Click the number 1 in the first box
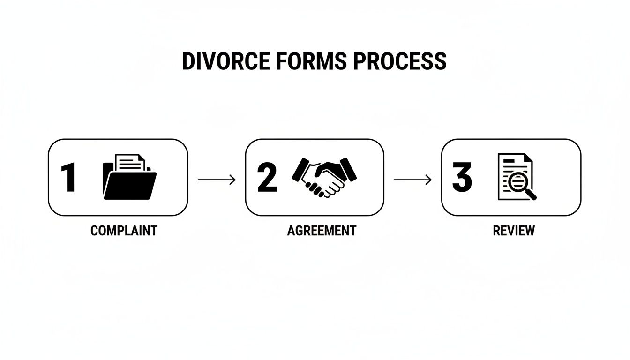[68, 178]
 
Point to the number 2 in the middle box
[267, 178]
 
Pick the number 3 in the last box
[462, 178]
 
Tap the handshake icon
[324, 177]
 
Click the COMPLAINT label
[124, 231]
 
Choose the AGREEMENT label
[322, 231]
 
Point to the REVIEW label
[514, 231]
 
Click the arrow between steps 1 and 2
[217, 180]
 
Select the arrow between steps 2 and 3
[412, 180]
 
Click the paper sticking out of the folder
[130, 162]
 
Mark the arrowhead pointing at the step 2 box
[233, 180]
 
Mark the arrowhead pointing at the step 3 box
[429, 180]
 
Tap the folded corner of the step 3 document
[528, 158]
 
